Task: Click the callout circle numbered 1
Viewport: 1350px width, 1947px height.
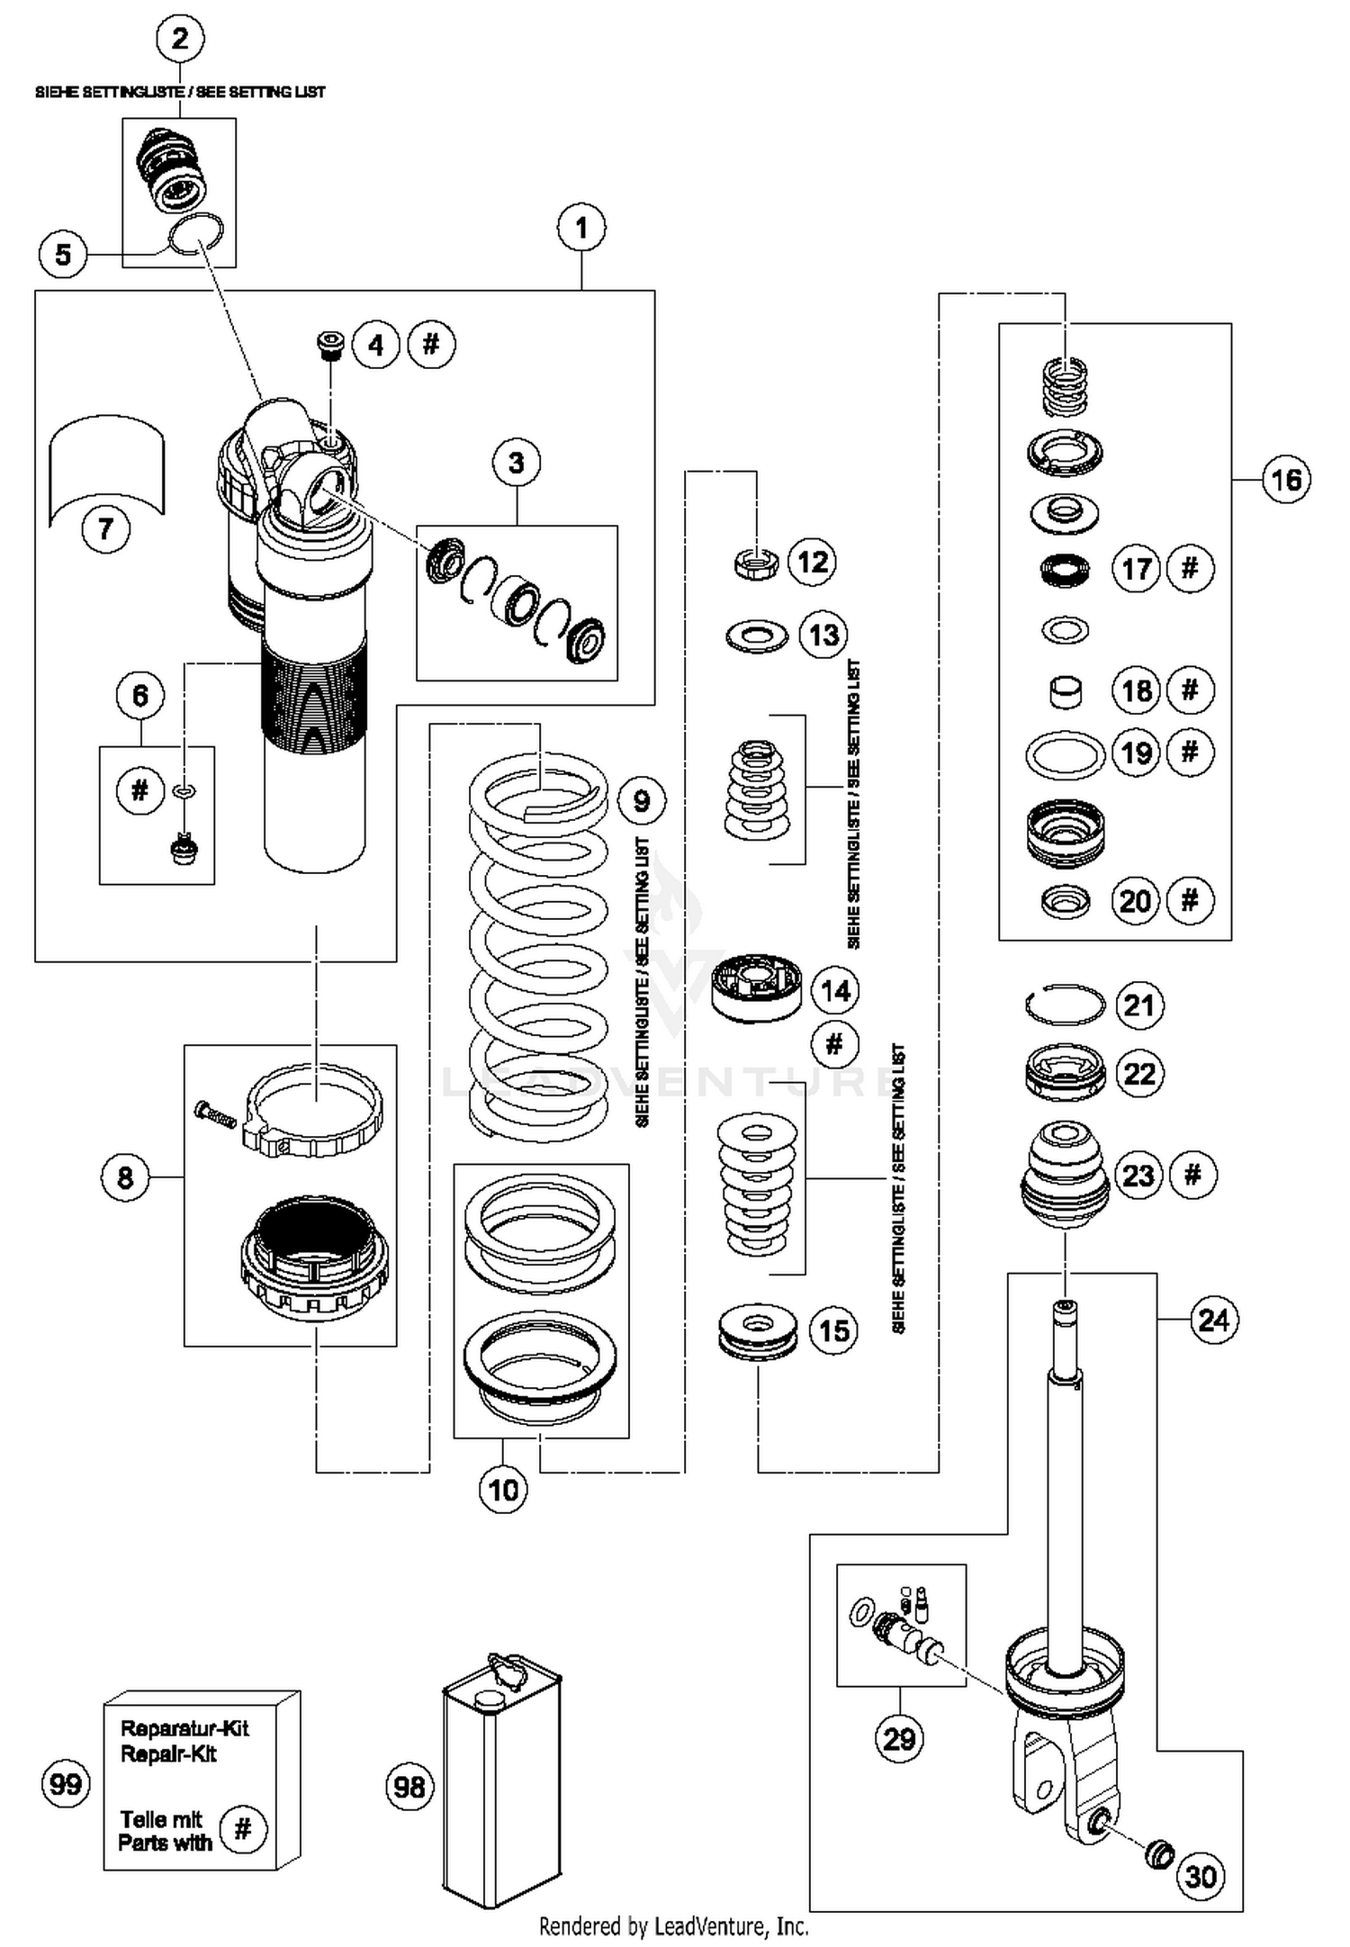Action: click(580, 228)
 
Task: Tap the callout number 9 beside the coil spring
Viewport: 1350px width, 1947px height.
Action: click(642, 800)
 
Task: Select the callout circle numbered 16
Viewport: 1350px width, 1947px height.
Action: click(1285, 480)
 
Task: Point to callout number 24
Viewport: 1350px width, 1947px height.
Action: click(1213, 1320)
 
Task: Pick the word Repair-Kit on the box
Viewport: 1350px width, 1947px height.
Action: click(168, 1753)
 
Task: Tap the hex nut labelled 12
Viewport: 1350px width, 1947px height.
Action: click(756, 564)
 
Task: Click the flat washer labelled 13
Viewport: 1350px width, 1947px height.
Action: click(756, 636)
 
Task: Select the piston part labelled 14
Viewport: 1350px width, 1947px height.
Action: click(756, 987)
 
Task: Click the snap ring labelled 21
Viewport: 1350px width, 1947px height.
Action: click(1065, 1004)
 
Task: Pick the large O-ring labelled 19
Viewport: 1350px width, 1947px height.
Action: click(1065, 754)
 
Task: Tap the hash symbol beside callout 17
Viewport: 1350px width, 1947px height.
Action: click(1190, 568)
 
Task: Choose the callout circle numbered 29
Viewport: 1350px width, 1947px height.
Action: click(899, 1738)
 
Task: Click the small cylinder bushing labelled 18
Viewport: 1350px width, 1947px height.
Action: click(1066, 691)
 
